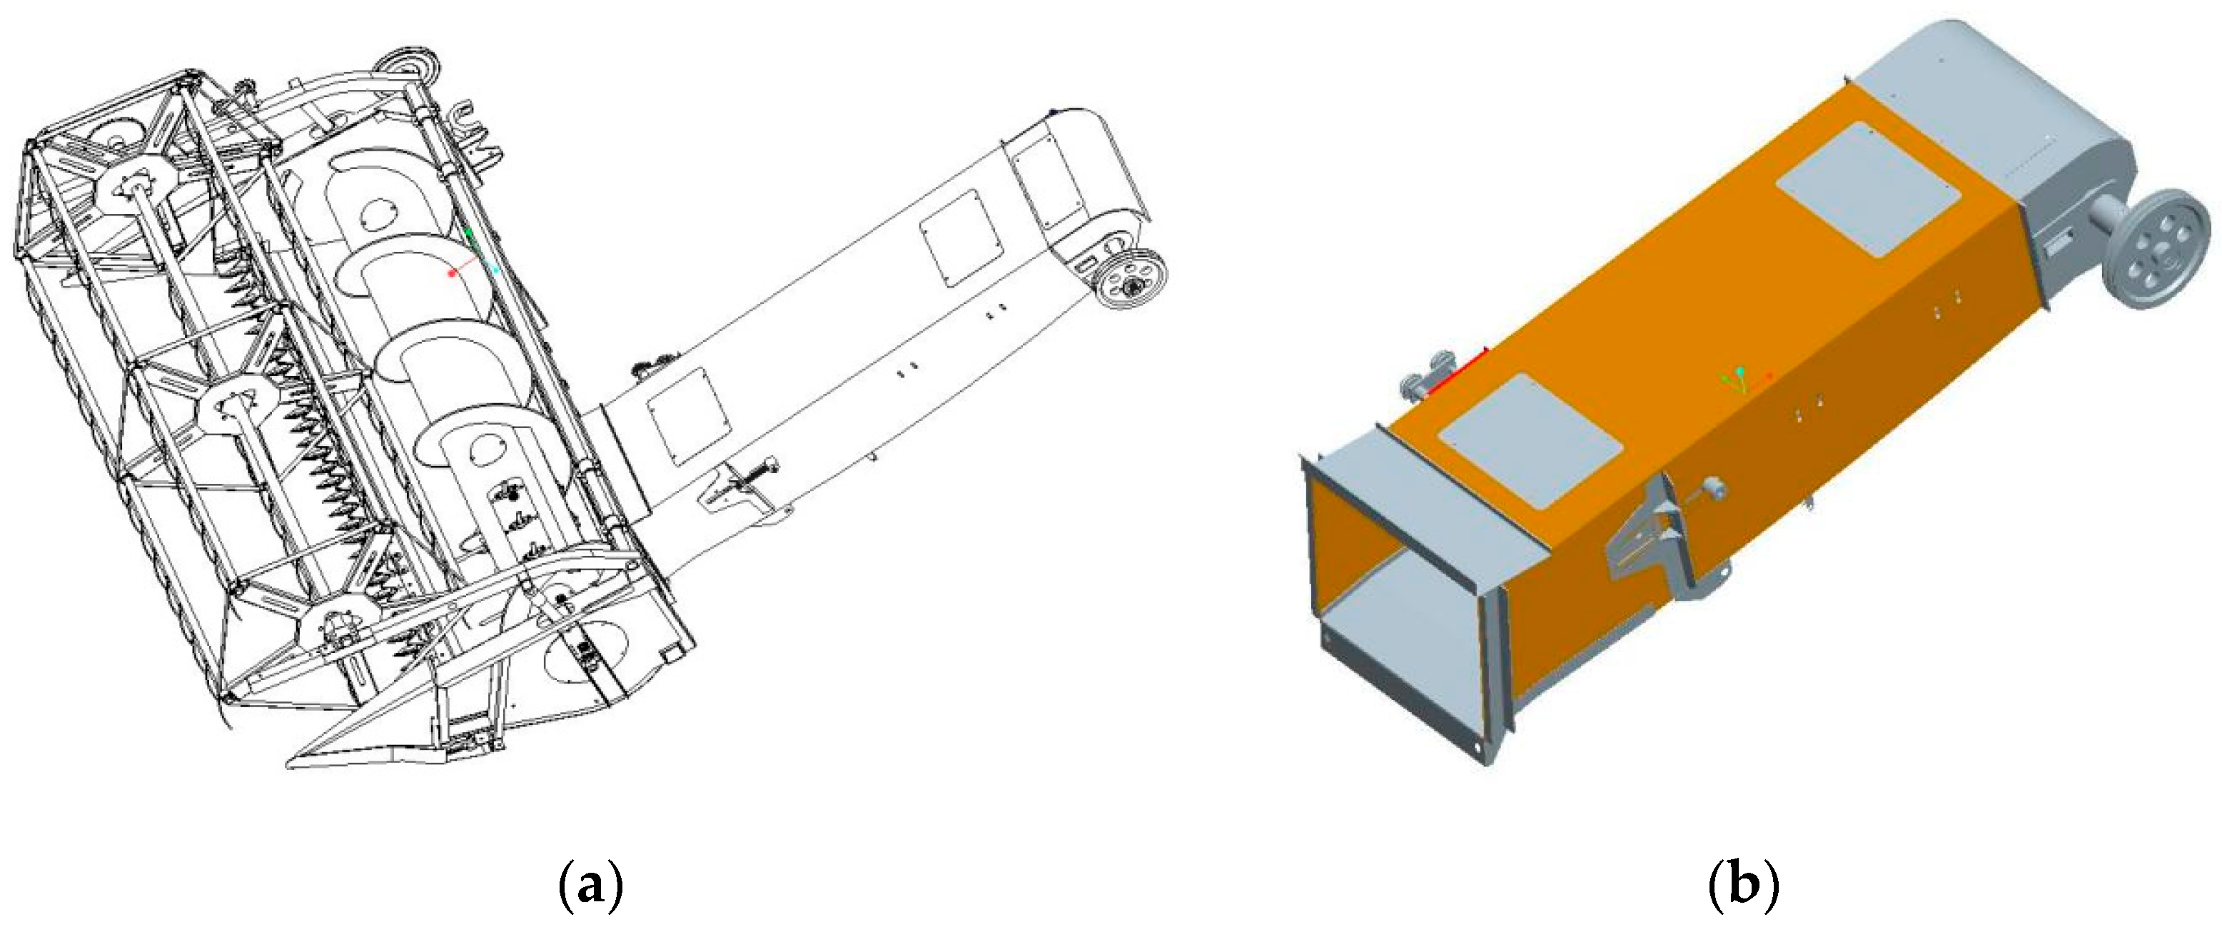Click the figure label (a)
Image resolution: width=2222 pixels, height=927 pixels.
pyautogui.click(x=591, y=884)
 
